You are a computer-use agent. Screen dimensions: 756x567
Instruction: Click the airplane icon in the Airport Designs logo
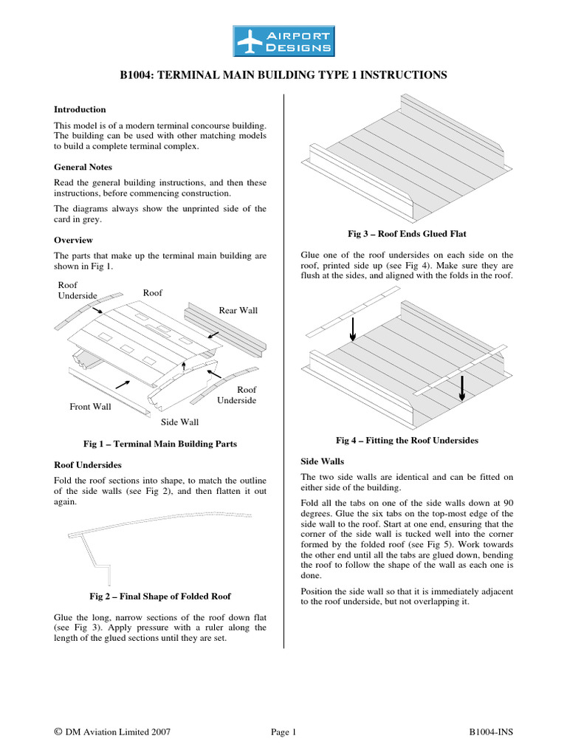pos(250,41)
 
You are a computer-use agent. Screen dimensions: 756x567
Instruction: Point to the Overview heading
pos(74,240)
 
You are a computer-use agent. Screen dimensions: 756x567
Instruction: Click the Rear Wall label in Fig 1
pos(238,310)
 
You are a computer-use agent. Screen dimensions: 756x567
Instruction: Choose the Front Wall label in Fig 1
pos(90,406)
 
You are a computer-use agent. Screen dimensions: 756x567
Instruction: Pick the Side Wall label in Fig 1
pos(179,422)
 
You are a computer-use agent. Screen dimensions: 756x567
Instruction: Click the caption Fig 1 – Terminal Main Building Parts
pos(161,444)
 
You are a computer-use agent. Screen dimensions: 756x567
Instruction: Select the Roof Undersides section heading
pos(89,465)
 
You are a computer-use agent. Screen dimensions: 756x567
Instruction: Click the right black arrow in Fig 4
pos(461,386)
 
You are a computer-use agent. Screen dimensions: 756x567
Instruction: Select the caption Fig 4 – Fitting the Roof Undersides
pos(407,440)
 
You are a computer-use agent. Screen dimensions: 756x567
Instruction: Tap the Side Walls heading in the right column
pos(323,461)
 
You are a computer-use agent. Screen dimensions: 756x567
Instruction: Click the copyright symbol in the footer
pos(58,732)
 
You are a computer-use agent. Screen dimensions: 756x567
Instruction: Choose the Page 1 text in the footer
pos(283,732)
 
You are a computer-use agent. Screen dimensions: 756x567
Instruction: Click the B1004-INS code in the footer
pos(491,732)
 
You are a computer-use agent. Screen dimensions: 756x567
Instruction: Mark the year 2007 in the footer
pos(160,732)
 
